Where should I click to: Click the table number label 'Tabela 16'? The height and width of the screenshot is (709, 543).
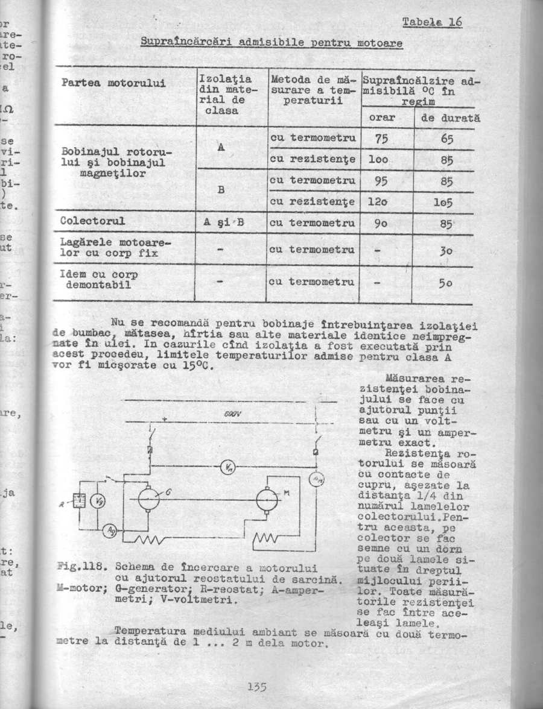coord(431,22)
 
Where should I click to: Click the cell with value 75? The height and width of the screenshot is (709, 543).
coord(380,138)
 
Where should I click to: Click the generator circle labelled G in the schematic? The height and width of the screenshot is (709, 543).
coord(148,499)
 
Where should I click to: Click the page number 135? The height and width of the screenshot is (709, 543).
coord(256,686)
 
